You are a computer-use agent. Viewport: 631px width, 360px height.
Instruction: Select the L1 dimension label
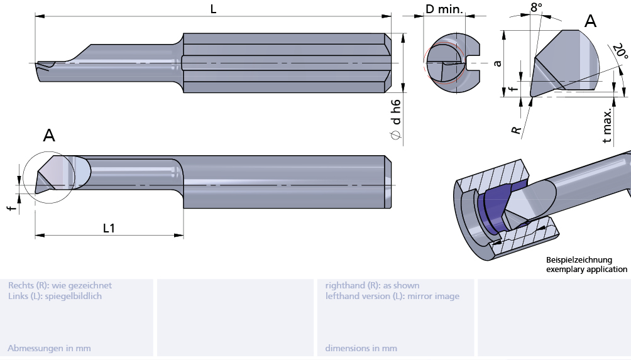109,228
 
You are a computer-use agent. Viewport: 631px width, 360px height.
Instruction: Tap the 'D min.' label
444,9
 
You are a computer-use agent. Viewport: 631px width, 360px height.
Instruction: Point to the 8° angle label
536,8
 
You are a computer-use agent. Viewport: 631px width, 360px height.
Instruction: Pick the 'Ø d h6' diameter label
396,119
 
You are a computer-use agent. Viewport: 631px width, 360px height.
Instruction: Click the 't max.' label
607,126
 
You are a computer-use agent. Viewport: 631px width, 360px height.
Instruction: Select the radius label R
516,130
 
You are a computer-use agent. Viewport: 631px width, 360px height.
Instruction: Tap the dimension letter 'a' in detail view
497,63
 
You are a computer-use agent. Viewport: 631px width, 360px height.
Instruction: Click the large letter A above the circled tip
49,135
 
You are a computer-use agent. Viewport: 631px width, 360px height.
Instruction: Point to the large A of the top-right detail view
590,21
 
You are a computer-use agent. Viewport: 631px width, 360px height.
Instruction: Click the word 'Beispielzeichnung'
578,259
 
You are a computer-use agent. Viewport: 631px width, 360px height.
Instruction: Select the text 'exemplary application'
586,269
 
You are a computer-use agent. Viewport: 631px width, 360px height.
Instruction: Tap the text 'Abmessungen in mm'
49,348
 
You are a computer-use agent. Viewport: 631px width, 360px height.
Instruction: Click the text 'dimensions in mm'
361,348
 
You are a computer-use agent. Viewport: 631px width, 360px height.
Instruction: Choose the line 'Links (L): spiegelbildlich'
55,296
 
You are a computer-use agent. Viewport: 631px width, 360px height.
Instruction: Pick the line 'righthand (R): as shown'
372,285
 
